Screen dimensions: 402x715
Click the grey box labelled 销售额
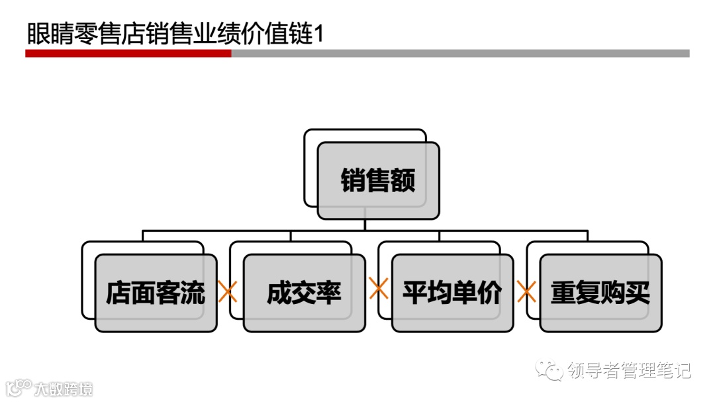pyautogui.click(x=378, y=180)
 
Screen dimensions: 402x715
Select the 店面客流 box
pyautogui.click(x=156, y=293)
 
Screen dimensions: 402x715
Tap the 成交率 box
pyautogui.click(x=304, y=293)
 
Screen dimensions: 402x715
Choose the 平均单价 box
pyautogui.click(x=452, y=293)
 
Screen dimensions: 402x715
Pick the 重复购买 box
pyautogui.click(x=600, y=293)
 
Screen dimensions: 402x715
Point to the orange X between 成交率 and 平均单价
pyautogui.click(x=378, y=288)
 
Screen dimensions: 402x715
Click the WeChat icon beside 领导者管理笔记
pyautogui.click(x=549, y=370)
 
